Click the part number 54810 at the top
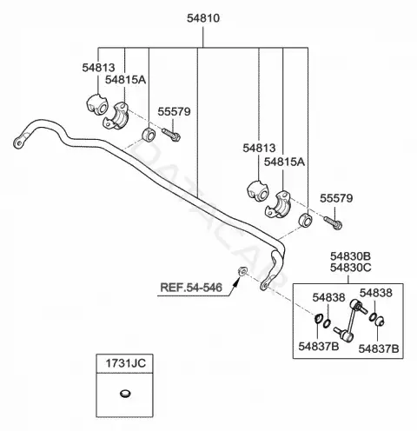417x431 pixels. point(203,18)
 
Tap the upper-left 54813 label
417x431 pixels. point(98,68)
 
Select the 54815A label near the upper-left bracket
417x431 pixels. point(125,79)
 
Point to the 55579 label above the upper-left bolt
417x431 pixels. point(174,111)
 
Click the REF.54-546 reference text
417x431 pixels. point(191,288)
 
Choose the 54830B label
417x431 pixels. point(350,256)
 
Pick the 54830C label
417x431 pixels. point(350,268)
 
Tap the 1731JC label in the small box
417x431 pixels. point(125,363)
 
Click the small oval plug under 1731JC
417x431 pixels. point(125,394)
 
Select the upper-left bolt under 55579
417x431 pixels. point(171,135)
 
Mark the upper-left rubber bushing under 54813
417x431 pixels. point(97,104)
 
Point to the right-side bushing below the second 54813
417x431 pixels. point(258,191)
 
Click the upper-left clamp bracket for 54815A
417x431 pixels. point(116,116)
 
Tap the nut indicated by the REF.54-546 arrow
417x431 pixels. point(242,271)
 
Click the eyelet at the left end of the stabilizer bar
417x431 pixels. point(18,143)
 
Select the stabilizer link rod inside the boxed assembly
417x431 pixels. point(350,320)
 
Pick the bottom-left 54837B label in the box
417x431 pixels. point(319,346)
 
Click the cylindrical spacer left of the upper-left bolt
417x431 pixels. point(149,135)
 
